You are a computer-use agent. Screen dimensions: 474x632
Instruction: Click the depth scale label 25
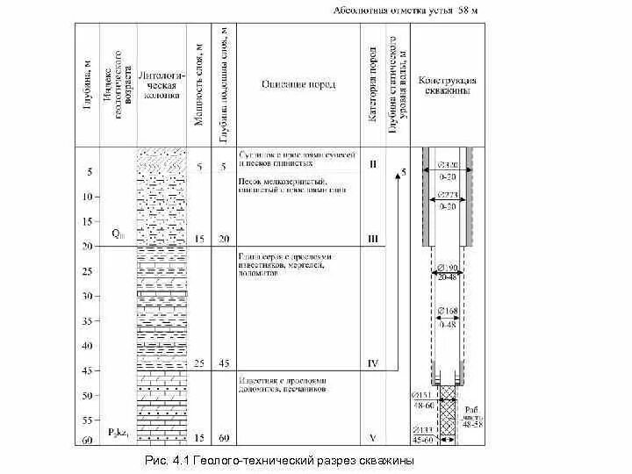click(87, 272)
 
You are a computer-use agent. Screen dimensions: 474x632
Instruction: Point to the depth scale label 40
click(87, 346)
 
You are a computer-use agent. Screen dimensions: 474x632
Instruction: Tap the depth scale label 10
click(87, 197)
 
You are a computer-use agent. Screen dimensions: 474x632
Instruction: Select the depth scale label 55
click(87, 420)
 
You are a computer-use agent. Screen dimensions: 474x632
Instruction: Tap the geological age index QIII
click(118, 234)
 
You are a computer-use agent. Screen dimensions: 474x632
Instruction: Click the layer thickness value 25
click(199, 363)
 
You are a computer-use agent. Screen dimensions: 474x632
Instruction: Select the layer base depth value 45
click(225, 363)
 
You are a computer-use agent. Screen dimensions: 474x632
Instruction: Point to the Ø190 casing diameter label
click(448, 267)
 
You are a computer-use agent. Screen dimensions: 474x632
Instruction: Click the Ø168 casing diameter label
click(448, 312)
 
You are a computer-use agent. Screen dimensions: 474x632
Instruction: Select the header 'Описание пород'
click(298, 84)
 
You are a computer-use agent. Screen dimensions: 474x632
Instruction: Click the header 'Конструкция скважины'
click(448, 84)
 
